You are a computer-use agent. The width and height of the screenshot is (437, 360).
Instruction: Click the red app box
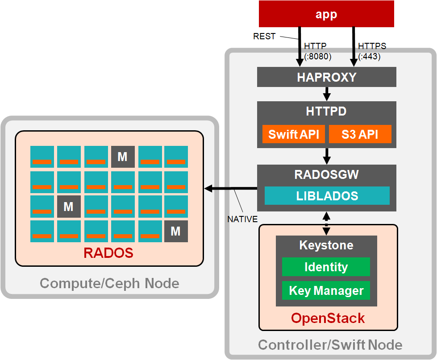pos(326,14)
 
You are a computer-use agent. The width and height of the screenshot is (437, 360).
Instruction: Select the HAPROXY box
pos(326,77)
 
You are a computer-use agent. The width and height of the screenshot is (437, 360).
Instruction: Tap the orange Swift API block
pos(293,134)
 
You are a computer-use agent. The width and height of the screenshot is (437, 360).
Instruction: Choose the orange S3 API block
pos(360,134)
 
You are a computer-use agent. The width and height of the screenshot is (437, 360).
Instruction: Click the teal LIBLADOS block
pos(327,196)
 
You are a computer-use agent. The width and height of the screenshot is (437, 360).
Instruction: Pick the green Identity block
pos(326,267)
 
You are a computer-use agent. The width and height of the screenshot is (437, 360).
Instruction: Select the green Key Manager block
pos(326,291)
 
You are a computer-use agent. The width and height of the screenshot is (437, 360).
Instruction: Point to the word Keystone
pos(326,245)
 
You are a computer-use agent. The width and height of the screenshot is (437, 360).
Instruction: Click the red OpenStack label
pos(328,318)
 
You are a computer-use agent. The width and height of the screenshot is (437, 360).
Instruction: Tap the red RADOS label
pos(108,253)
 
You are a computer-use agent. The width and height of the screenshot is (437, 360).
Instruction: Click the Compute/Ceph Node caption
pos(109,283)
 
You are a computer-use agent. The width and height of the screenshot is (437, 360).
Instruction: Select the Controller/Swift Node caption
pos(330,345)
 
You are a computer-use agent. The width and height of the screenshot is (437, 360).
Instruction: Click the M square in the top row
pos(123,157)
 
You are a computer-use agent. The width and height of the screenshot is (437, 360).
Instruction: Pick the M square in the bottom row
pos(176,231)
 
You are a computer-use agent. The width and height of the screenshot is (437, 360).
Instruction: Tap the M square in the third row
pos(69,207)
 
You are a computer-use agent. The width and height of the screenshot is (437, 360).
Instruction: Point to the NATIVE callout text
pos(242,219)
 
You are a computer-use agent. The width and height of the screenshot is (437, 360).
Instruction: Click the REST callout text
pos(264,36)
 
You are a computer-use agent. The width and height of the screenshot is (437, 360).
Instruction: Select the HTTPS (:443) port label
pos(371,51)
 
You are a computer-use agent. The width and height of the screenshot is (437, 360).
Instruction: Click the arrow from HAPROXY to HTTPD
pos(326,94)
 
